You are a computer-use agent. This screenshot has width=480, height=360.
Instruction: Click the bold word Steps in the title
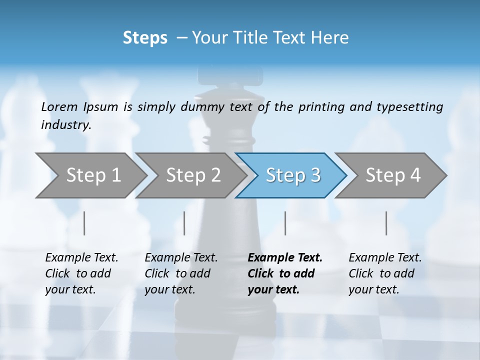point(145,37)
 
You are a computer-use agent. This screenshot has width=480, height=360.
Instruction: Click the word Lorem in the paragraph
point(59,106)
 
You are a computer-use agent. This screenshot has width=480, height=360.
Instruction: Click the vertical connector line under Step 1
point(84,223)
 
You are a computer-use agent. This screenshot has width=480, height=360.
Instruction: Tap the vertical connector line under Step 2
point(184,223)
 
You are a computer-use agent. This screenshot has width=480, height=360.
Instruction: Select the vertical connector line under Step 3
point(285,223)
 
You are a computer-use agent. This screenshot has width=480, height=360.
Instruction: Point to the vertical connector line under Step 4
point(386,223)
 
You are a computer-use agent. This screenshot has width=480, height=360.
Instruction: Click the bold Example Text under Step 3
point(285,257)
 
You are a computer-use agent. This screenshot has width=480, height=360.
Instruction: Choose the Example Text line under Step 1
point(81,257)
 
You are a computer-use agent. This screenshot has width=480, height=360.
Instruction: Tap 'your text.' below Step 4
point(374,289)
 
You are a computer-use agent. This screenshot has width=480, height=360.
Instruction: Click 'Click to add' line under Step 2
point(177,273)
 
